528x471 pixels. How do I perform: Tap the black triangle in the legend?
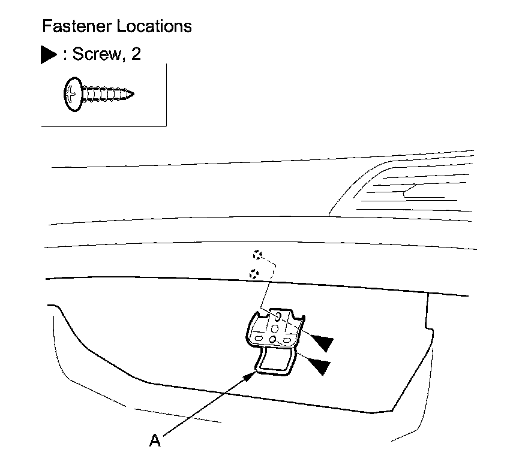pyautogui.click(x=48, y=55)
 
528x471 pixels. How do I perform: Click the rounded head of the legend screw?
pyautogui.click(x=71, y=94)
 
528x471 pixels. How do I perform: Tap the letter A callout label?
pyautogui.click(x=155, y=441)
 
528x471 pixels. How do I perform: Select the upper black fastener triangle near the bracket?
pyautogui.click(x=320, y=342)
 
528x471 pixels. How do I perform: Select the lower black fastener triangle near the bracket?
pyautogui.click(x=319, y=366)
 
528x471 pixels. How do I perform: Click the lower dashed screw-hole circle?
pyautogui.click(x=253, y=273)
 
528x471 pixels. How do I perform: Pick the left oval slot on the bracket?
pyautogui.click(x=259, y=339)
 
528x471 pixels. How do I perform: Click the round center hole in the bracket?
pyautogui.click(x=275, y=328)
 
